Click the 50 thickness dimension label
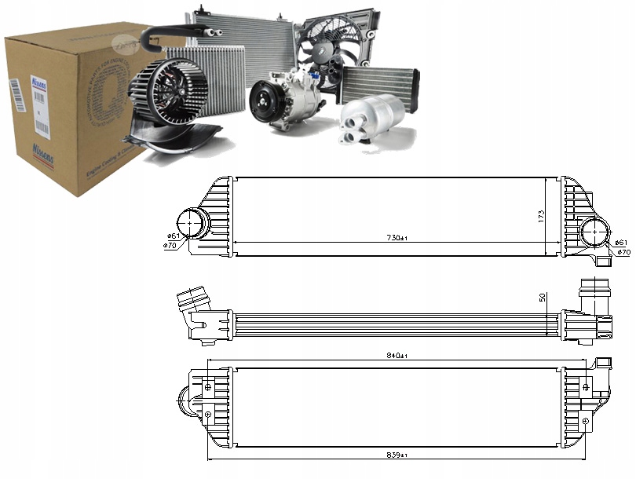coord(541,299)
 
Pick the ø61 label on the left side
coord(172,236)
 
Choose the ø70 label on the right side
coord(623,252)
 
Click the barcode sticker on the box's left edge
coord(16,101)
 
